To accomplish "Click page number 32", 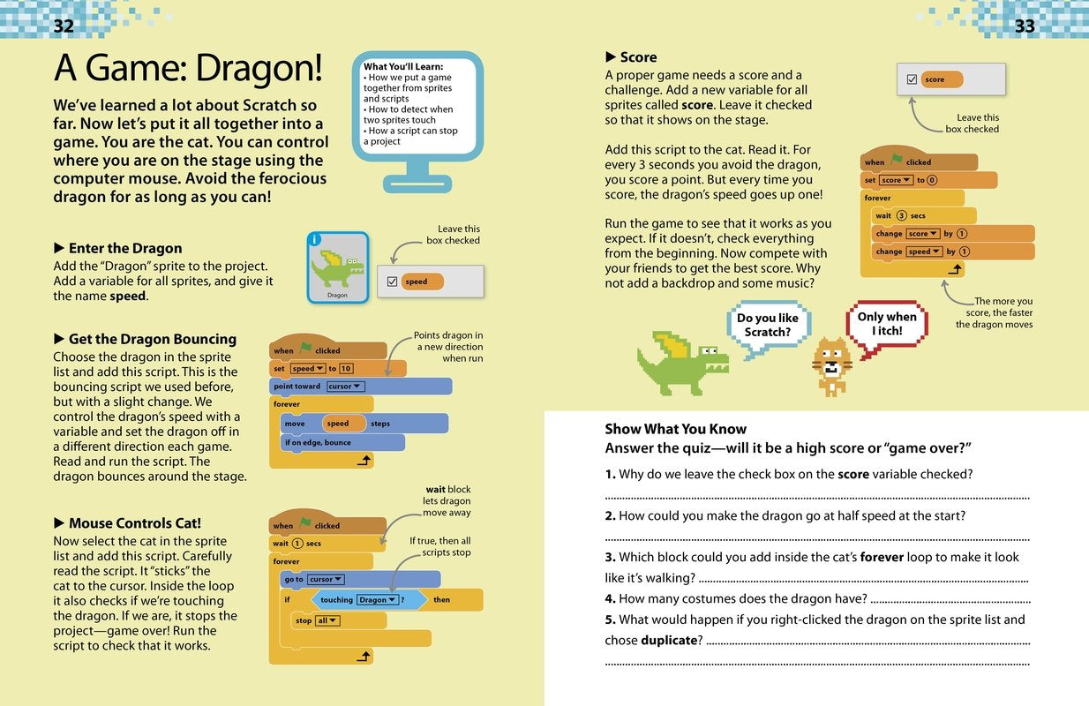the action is point(64,26).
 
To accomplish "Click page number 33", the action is point(1025,26).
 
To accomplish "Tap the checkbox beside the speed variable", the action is point(393,282).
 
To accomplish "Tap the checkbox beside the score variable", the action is point(912,79).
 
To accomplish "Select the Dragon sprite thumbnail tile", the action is point(338,267).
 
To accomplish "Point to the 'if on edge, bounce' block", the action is point(342,442).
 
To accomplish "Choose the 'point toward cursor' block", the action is point(360,386).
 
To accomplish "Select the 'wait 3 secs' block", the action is point(924,215).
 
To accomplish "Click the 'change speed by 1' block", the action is point(952,252).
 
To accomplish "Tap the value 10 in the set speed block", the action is point(346,369).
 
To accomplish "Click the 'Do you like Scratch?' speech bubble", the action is point(768,326).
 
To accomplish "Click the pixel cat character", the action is point(832,366).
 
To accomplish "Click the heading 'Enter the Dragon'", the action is point(125,249).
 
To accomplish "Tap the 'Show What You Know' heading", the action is point(675,429).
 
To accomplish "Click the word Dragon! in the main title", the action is point(259,68).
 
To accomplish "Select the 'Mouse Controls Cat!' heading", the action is point(135,523).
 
